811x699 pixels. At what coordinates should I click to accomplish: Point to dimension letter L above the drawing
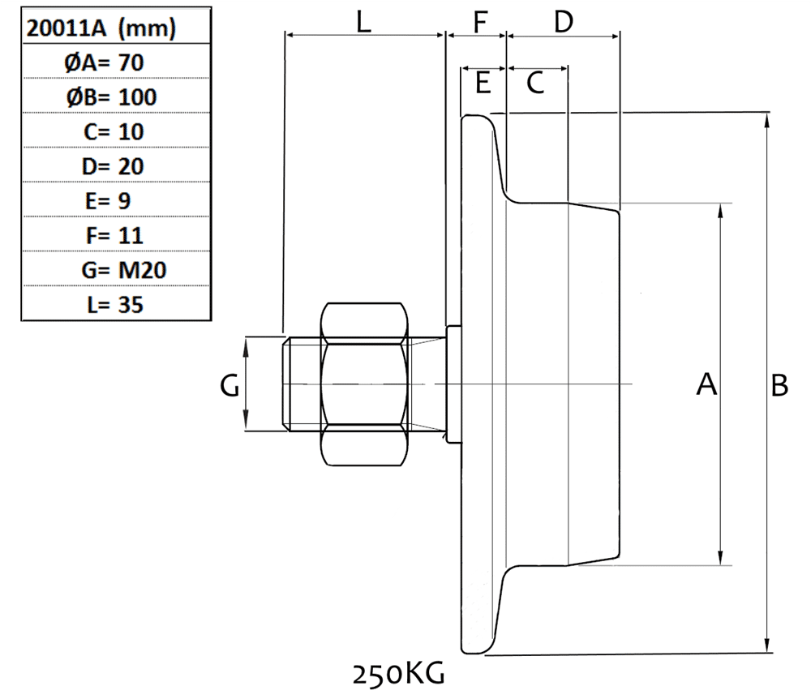pyautogui.click(x=363, y=22)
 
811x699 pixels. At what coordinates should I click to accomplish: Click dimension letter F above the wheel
pyautogui.click(x=482, y=22)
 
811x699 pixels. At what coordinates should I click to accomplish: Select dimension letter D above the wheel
pyautogui.click(x=563, y=22)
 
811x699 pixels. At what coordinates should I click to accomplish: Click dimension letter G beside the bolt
pyautogui.click(x=230, y=387)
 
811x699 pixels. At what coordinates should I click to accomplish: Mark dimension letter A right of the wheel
pyautogui.click(x=706, y=386)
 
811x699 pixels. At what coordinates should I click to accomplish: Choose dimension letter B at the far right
pyautogui.click(x=779, y=386)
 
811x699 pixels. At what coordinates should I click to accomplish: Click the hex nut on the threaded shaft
pyautogui.click(x=365, y=384)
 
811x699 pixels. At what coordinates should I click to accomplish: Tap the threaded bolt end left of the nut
pyautogui.click(x=302, y=384)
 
